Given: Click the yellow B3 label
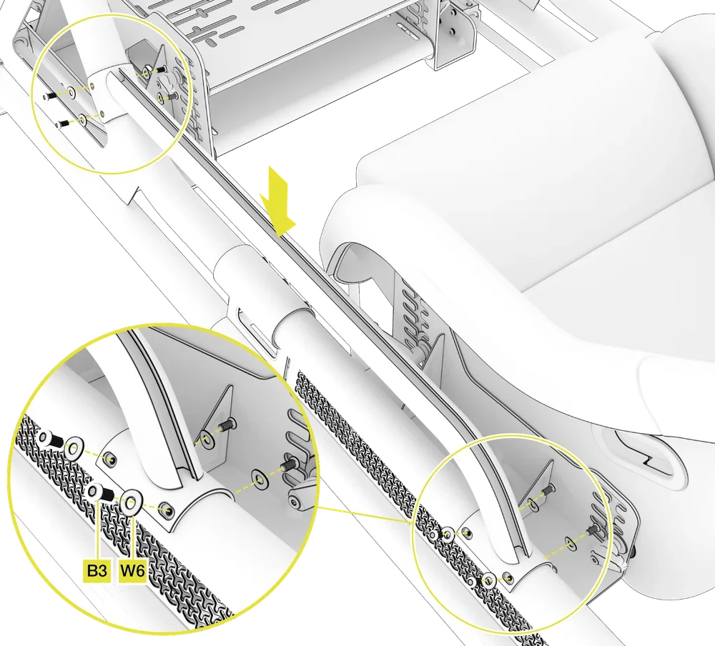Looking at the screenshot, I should pyautogui.click(x=97, y=571).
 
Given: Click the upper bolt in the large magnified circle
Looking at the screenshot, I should pyautogui.click(x=49, y=439).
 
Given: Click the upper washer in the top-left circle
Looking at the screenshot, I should pyautogui.click(x=71, y=94).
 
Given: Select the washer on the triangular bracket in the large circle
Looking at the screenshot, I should pyautogui.click(x=207, y=440).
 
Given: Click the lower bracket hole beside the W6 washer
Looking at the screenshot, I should pyautogui.click(x=167, y=510).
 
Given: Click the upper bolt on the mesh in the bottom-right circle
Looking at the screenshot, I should pyautogui.click(x=435, y=535).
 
